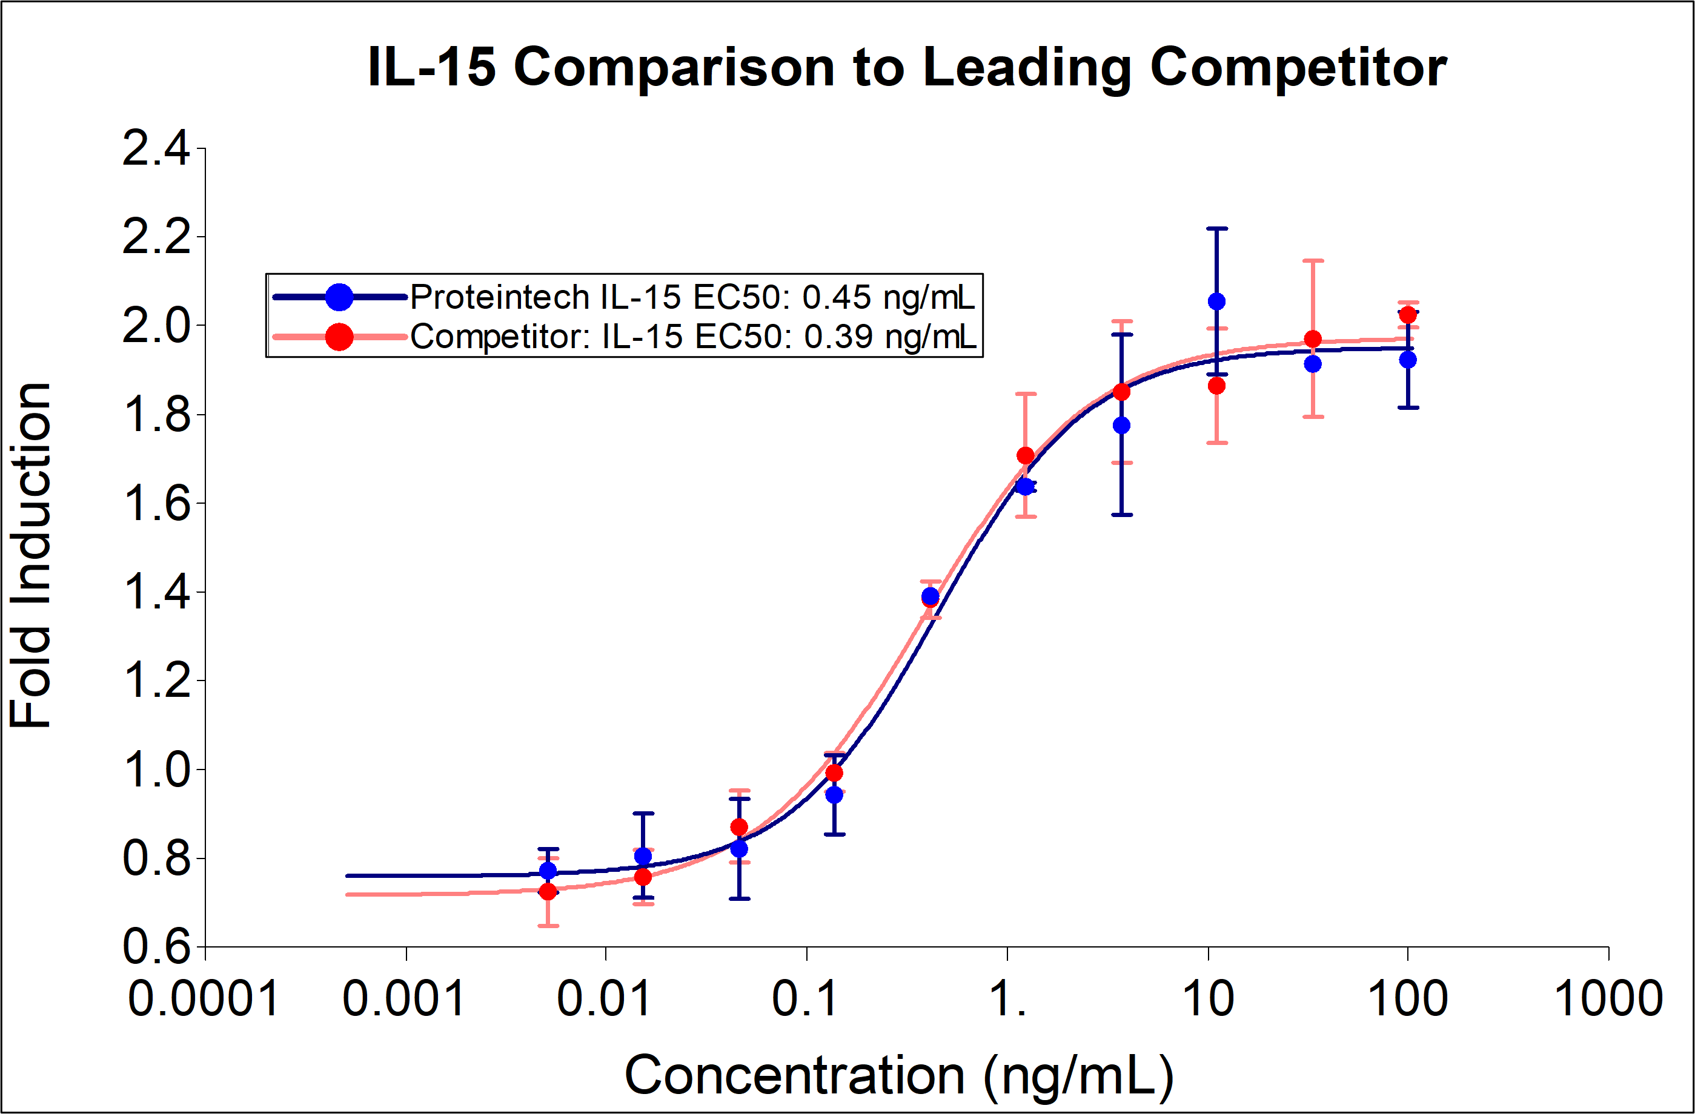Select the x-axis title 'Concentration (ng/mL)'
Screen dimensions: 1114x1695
tap(899, 1075)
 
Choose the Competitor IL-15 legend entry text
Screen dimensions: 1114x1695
tap(693, 336)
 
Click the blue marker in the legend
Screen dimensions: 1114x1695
tap(340, 297)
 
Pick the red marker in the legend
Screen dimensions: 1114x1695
tap(340, 336)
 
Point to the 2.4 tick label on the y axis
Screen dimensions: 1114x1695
tap(156, 149)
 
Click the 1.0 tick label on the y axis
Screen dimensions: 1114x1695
tap(156, 770)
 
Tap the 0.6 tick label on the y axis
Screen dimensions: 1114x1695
tap(156, 948)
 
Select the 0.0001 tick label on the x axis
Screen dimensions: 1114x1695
tap(203, 999)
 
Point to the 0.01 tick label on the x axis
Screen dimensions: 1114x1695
tap(604, 999)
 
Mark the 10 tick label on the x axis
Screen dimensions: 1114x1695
tap(1208, 999)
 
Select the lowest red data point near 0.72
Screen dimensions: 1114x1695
tap(548, 891)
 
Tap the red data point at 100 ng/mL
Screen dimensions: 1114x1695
tap(1408, 315)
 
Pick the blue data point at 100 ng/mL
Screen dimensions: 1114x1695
tap(1408, 360)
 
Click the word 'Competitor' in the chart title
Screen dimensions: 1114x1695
tap(1298, 67)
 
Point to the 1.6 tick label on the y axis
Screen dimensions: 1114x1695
tap(156, 503)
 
